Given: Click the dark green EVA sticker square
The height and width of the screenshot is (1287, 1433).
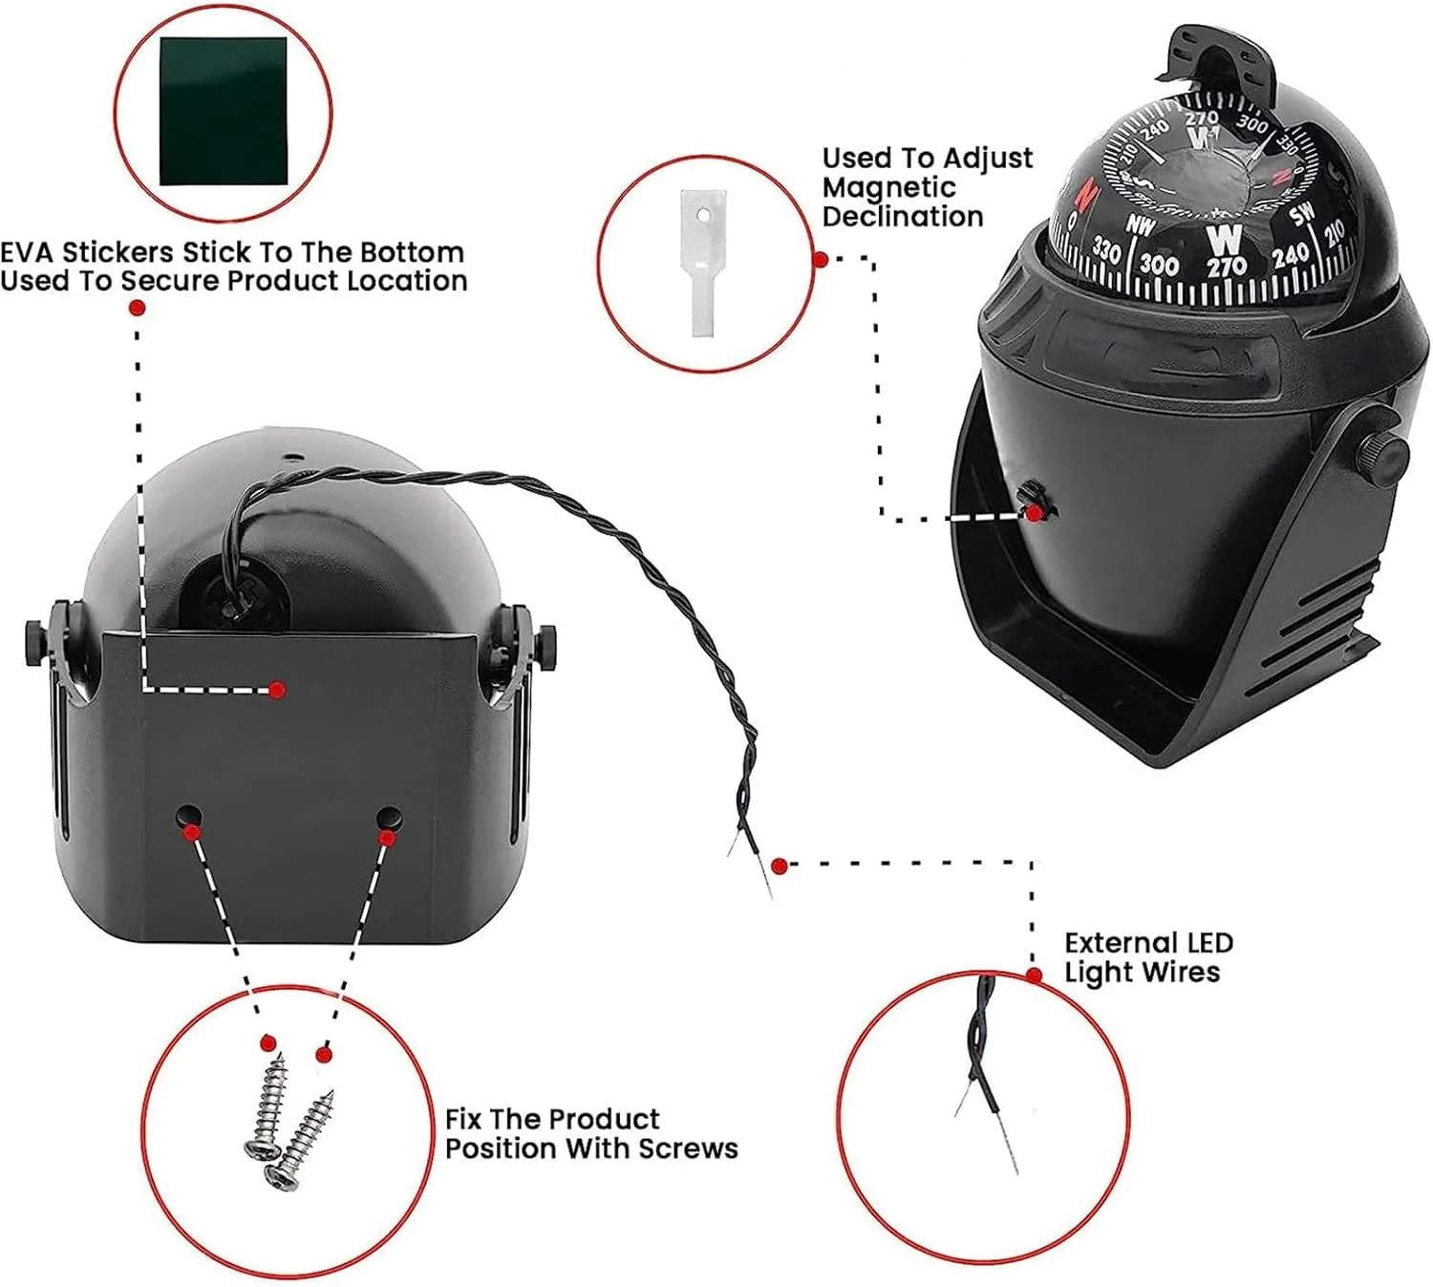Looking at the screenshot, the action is [x=224, y=111].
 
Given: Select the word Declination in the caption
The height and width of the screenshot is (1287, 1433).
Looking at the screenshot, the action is [x=903, y=217].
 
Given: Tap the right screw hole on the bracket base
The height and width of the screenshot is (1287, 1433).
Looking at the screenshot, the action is [x=389, y=819].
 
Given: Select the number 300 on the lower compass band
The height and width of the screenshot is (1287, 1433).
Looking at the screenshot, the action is [x=1159, y=264].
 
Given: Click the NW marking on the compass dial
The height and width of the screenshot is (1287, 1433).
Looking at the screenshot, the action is [x=1140, y=225].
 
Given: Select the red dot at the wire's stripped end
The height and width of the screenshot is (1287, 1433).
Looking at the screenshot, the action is [x=779, y=866].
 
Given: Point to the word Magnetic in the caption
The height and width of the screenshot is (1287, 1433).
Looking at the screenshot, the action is [x=889, y=187].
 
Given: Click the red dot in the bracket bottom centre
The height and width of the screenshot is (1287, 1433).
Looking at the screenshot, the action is [x=277, y=689].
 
